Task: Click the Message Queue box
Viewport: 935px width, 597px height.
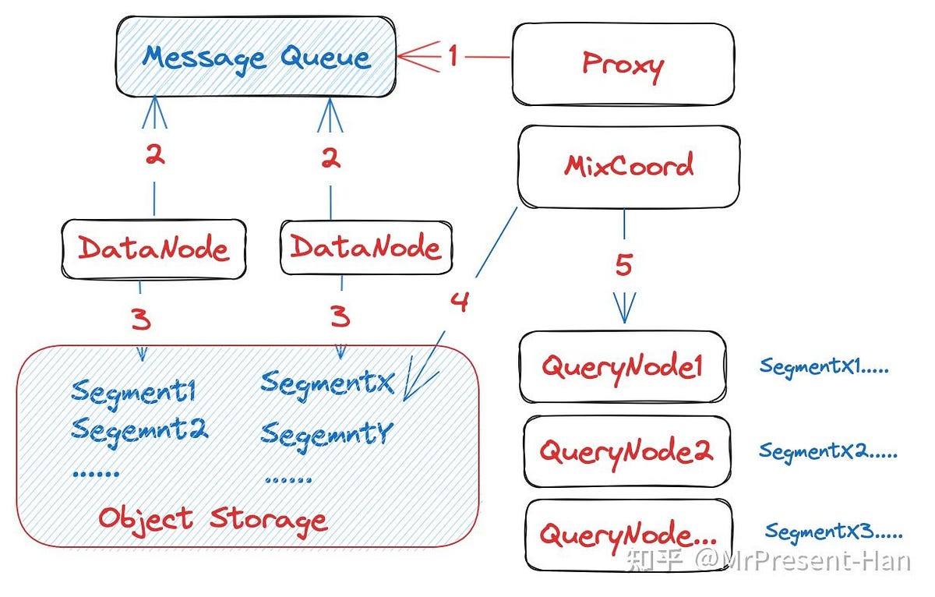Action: pos(256,58)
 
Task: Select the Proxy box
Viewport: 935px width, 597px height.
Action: pos(623,64)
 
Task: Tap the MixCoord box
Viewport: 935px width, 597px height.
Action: pos(629,166)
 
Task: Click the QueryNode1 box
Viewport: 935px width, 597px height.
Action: pos(623,367)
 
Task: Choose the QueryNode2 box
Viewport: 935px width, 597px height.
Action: pos(626,451)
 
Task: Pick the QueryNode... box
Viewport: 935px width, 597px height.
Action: pos(628,535)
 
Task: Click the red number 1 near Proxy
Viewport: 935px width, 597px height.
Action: pos(453,56)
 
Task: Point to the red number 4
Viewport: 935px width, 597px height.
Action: pos(460,301)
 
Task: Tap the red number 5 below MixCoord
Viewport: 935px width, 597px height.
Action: pos(623,265)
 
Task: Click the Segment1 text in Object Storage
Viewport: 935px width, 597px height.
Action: pos(133,390)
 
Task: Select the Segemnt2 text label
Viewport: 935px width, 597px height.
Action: pos(139,429)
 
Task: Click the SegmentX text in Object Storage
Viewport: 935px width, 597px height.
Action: pos(327,383)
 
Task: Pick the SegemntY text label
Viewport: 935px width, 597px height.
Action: pos(326,433)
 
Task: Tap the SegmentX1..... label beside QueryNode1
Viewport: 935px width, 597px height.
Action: pos(824,366)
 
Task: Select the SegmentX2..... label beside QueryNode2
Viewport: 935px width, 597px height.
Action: pos(827,451)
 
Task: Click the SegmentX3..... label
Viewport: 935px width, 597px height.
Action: pos(833,532)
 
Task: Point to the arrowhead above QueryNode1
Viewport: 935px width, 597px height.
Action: pos(624,309)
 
